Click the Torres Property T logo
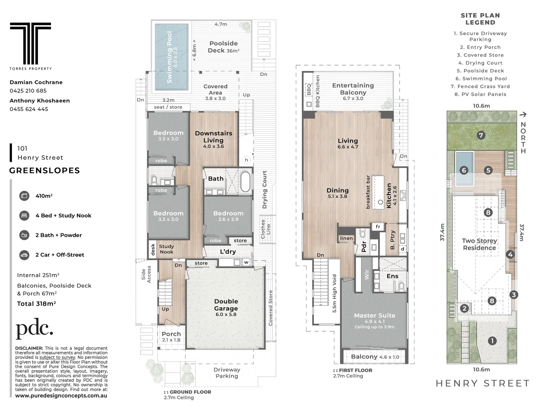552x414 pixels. [30, 43]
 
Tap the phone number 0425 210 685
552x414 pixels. [28, 91]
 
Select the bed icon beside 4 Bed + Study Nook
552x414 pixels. [24, 215]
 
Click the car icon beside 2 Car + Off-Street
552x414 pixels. [24, 255]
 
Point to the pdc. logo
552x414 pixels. [34, 329]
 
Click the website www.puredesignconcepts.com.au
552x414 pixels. [61, 396]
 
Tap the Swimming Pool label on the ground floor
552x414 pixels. [170, 57]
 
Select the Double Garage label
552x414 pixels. [226, 305]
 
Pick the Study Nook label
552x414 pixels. [166, 249]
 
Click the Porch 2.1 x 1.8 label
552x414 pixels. [171, 337]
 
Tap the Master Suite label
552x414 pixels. [374, 315]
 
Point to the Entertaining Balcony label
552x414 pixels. [353, 89]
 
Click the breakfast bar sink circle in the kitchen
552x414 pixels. [380, 202]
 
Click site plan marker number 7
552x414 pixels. [481, 135]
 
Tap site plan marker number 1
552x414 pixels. [492, 340]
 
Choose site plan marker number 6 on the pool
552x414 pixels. [464, 170]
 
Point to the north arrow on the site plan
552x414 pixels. [523, 114]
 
